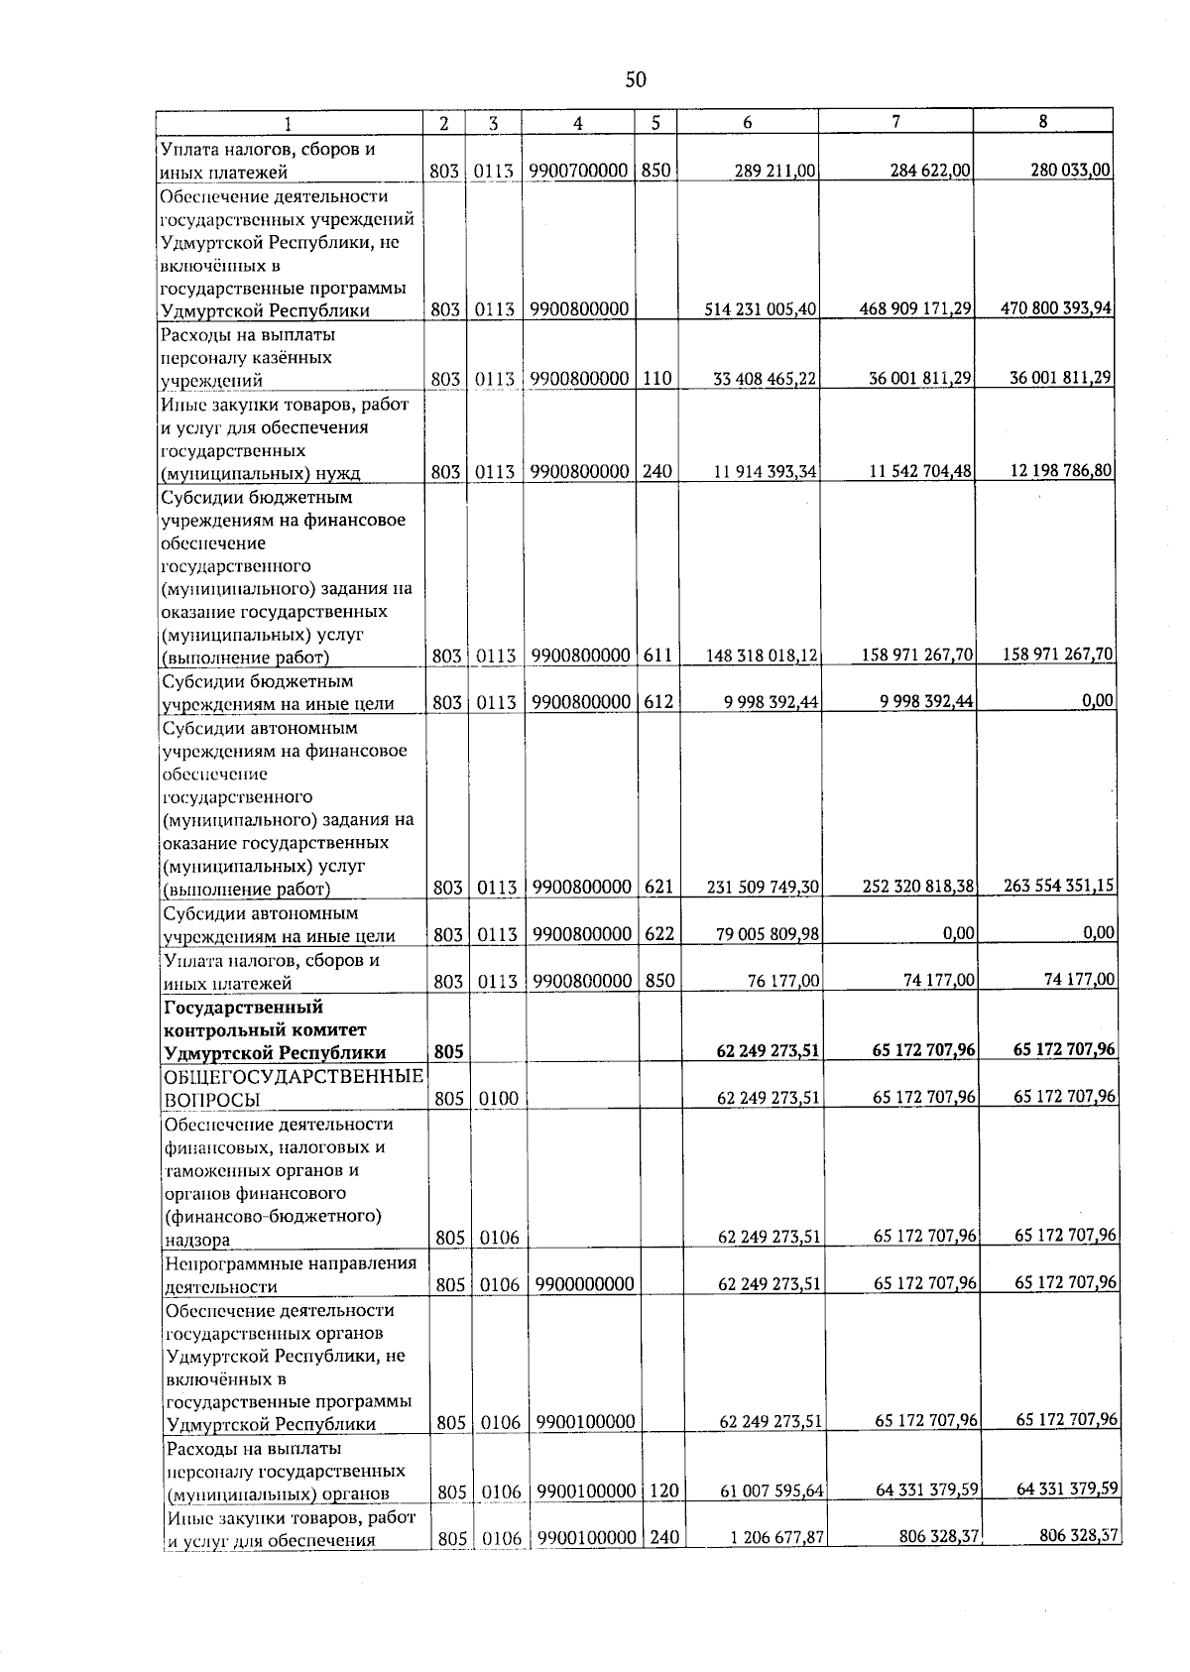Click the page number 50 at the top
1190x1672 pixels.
[x=636, y=80]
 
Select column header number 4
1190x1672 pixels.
[x=577, y=124]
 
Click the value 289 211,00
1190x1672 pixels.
[x=774, y=172]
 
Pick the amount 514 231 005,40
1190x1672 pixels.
[x=761, y=309]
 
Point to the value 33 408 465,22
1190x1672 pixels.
[x=766, y=379]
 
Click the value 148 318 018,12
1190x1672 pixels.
[x=762, y=656]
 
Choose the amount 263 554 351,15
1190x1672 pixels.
[x=1060, y=886]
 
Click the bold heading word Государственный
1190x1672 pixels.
[x=244, y=1008]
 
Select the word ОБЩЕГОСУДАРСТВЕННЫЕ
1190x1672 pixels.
[x=295, y=1077]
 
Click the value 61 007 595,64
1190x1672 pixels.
[x=772, y=1493]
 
